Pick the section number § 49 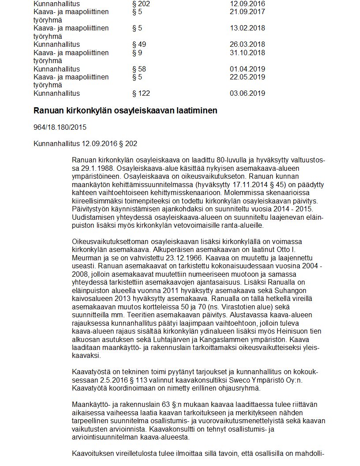click(139, 45)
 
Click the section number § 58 click(139, 69)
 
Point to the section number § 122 click(141, 94)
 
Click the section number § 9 click(137, 53)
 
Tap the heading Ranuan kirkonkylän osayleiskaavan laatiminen click(125, 111)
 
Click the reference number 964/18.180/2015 click(60, 128)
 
